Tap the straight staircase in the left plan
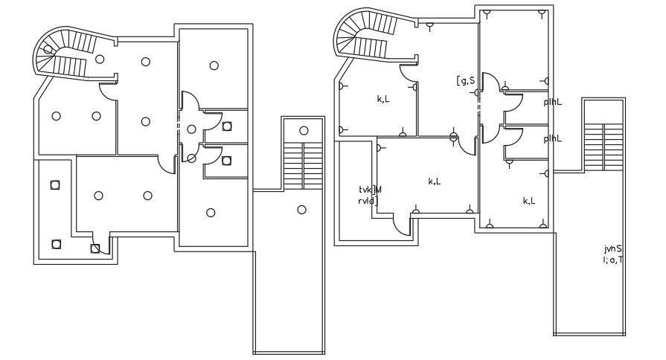[303, 164]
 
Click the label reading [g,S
[466, 80]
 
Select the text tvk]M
[370, 190]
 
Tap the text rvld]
[368, 201]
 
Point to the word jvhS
[613, 249]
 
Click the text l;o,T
[613, 260]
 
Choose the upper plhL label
[552, 102]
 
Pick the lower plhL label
[552, 138]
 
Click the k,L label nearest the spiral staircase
[383, 99]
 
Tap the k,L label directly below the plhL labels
[529, 201]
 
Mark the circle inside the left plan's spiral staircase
[48, 50]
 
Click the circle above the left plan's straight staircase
[303, 131]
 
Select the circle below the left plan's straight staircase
[301, 210]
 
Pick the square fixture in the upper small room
[227, 126]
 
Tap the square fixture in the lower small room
[226, 161]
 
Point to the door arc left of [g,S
[409, 74]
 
